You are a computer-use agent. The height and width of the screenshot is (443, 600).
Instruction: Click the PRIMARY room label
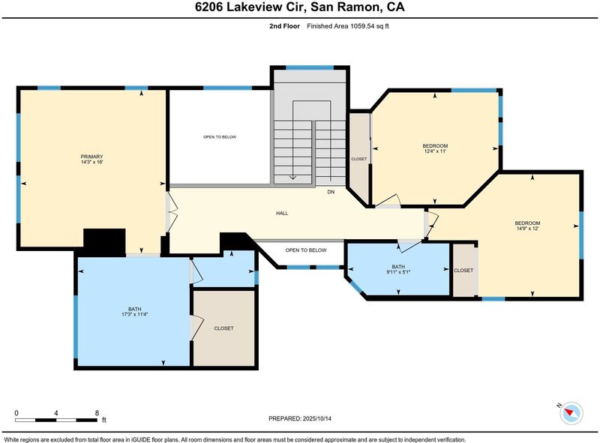click(x=91, y=157)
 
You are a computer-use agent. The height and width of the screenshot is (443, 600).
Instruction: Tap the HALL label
click(x=282, y=214)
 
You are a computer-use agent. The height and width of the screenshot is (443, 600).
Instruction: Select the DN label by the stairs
click(x=331, y=192)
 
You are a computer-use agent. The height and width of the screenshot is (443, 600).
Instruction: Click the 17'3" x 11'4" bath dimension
click(x=135, y=315)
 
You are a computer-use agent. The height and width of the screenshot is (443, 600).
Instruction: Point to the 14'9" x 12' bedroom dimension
click(x=527, y=229)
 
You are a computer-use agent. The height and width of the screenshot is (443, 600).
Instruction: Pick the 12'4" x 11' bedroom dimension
click(x=435, y=151)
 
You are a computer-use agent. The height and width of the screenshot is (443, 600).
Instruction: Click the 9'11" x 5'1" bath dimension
click(x=398, y=272)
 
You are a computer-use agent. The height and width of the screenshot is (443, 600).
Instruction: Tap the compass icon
click(x=571, y=413)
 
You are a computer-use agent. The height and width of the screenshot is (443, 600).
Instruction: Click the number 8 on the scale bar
click(x=97, y=413)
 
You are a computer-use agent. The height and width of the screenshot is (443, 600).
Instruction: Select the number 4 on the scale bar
click(x=56, y=413)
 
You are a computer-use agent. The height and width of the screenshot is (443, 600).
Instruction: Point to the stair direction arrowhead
click(x=292, y=177)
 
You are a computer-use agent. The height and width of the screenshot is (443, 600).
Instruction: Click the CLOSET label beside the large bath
click(x=223, y=328)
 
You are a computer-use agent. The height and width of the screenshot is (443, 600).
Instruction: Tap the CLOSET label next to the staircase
click(x=359, y=159)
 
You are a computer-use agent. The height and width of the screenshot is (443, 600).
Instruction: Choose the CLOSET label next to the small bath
click(x=463, y=271)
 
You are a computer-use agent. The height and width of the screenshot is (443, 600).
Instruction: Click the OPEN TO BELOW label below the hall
click(x=306, y=250)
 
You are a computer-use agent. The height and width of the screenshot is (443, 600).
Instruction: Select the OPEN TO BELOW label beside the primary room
click(x=220, y=137)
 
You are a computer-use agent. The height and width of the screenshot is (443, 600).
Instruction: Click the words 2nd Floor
click(x=285, y=26)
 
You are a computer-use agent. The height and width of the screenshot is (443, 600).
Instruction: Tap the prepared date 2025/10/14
click(x=316, y=418)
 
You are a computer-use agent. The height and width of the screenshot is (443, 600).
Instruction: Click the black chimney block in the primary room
click(x=104, y=242)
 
